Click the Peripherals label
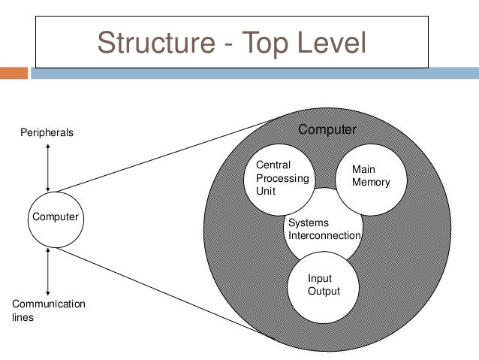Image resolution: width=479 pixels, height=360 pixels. click(47, 133)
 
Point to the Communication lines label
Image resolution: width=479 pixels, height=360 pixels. click(49, 310)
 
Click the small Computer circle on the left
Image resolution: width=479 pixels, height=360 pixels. click(54, 217)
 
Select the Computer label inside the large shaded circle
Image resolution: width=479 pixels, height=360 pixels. click(327, 130)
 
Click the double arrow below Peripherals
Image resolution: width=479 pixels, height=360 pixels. click(48, 166)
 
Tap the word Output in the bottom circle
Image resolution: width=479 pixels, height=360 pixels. click(324, 291)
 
